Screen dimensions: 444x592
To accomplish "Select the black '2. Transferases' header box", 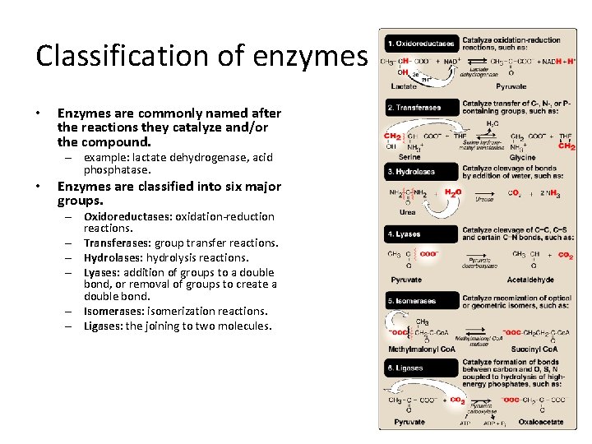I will point(418,107).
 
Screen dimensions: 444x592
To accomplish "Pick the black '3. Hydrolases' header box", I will point(418,171).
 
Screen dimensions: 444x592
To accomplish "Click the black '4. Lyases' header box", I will point(418,234).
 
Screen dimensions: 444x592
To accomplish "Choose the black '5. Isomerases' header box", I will point(418,301).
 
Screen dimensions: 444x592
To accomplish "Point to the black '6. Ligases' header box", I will point(418,368).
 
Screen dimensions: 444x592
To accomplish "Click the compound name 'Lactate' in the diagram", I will point(404,86).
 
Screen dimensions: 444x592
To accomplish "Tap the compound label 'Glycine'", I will point(522,157).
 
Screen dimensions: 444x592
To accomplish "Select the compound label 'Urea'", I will point(408,211).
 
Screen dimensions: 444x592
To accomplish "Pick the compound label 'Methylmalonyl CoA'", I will point(421,349).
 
